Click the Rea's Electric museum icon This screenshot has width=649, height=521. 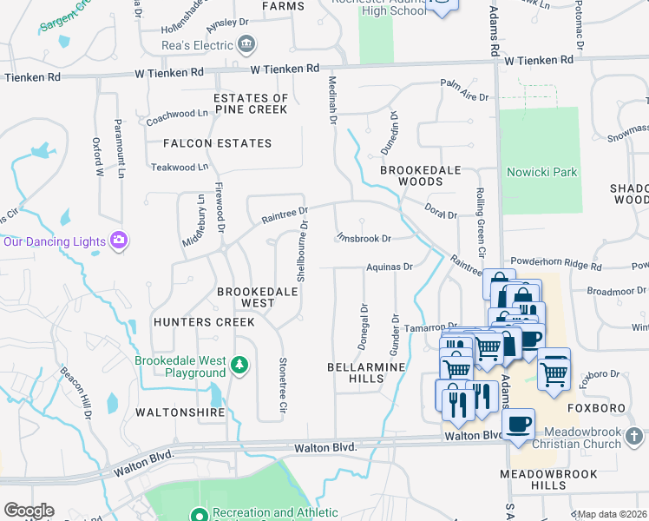[x=246, y=43]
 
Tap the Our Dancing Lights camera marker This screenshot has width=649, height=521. [x=119, y=241]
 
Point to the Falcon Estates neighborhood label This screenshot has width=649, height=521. [x=216, y=143]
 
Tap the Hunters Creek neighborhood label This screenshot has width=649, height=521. [x=203, y=322]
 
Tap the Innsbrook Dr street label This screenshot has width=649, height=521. [x=364, y=237]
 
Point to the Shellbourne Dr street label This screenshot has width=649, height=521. [x=302, y=250]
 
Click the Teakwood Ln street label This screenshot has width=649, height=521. [x=180, y=167]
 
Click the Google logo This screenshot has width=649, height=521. [x=29, y=511]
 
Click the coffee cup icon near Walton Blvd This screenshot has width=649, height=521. [x=518, y=425]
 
